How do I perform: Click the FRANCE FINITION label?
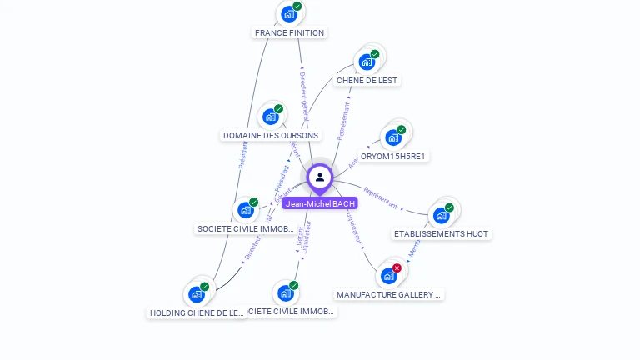pos(289,33)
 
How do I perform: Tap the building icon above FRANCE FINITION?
pos(288,14)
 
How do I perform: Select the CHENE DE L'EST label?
pos(367,81)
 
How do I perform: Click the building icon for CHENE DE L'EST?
pos(366,62)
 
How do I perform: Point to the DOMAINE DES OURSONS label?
pos(271,135)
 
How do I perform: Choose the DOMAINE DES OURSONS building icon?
pos(270,117)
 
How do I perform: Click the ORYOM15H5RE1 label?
pos(393,156)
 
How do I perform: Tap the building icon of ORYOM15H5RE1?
pos(392,137)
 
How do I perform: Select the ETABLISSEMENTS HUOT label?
pos(441,234)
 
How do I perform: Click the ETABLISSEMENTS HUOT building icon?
pos(441,215)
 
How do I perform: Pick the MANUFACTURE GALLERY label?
pos(389,294)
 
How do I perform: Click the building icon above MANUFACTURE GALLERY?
pos(388,276)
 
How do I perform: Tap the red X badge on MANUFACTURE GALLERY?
pos(397,267)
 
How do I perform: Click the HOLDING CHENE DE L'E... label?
pos(197,313)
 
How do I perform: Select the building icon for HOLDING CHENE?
pos(196,294)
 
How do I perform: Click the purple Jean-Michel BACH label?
pos(320,203)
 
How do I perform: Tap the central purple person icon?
pos(320,177)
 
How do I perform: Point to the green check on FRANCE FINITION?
pos(297,7)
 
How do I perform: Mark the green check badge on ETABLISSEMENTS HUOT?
pos(450,207)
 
